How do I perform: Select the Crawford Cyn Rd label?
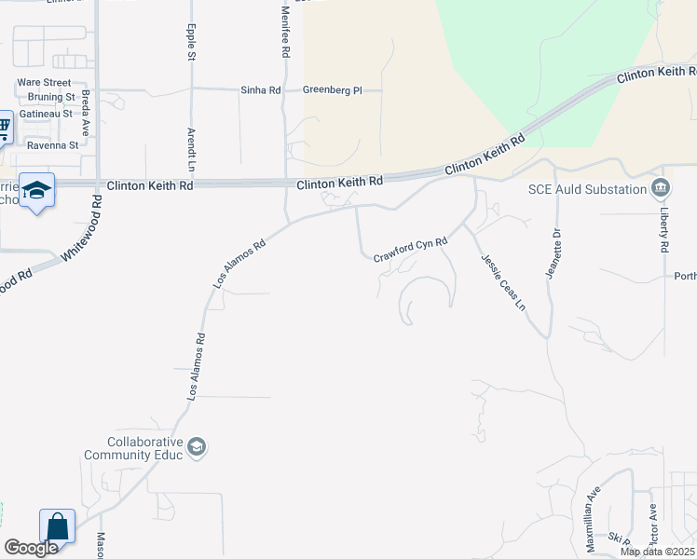pyautogui.click(x=411, y=251)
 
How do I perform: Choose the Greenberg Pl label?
pyautogui.click(x=332, y=90)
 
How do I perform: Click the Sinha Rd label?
pyautogui.click(x=261, y=90)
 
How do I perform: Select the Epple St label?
pyautogui.click(x=192, y=43)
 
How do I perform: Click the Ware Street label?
pyautogui.click(x=44, y=82)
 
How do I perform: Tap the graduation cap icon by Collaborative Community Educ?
pyautogui.click(x=197, y=448)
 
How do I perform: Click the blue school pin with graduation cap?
pyautogui.click(x=36, y=191)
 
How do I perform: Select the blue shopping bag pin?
pyautogui.click(x=57, y=526)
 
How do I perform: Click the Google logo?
pyautogui.click(x=31, y=548)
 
